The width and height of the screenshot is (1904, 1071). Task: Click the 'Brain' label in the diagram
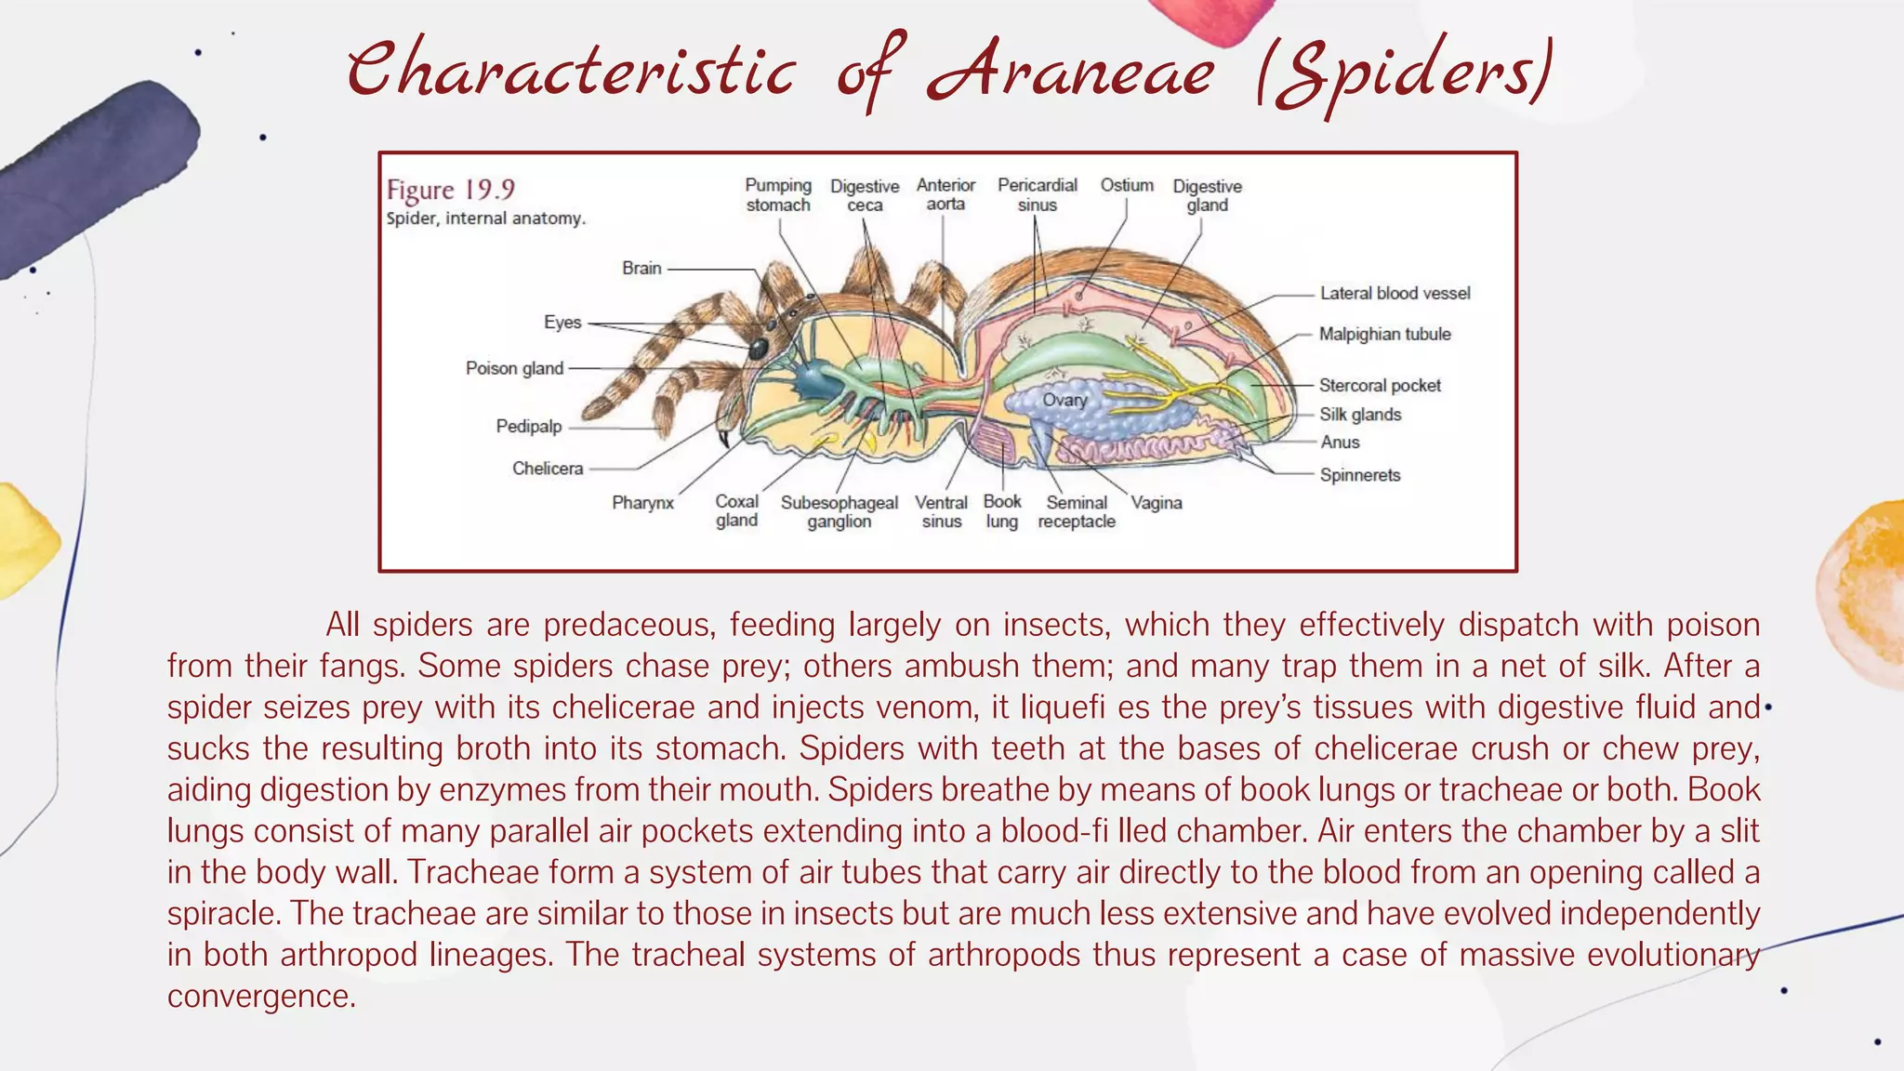pos(641,269)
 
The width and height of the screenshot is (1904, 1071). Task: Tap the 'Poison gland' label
pos(514,368)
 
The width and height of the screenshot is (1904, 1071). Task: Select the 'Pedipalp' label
pos(528,427)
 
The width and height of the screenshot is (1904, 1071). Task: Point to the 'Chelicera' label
pos(548,469)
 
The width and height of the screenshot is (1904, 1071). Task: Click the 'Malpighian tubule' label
pos(1384,335)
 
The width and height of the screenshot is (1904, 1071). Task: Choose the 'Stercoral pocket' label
pos(1380,386)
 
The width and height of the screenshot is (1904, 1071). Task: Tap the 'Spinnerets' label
pos(1360,475)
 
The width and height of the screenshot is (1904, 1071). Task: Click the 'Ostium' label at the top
pos(1127,185)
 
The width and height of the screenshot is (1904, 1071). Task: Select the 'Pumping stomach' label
pos(778,195)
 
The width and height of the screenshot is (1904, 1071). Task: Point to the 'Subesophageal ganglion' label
pos(839,512)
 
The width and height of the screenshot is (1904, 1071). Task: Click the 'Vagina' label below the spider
pos(1157,503)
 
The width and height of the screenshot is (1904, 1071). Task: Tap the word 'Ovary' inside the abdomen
pos(1064,400)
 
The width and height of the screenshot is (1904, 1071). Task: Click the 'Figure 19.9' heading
pos(451,191)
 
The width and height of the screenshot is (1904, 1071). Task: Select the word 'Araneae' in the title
pos(1070,73)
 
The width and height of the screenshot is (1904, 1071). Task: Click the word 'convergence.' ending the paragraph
pos(261,996)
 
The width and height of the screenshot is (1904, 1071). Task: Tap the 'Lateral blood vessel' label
pos(1395,294)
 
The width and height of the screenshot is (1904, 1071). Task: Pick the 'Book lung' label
pos(1002,511)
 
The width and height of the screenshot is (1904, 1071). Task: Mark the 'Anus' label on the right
pos(1340,443)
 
